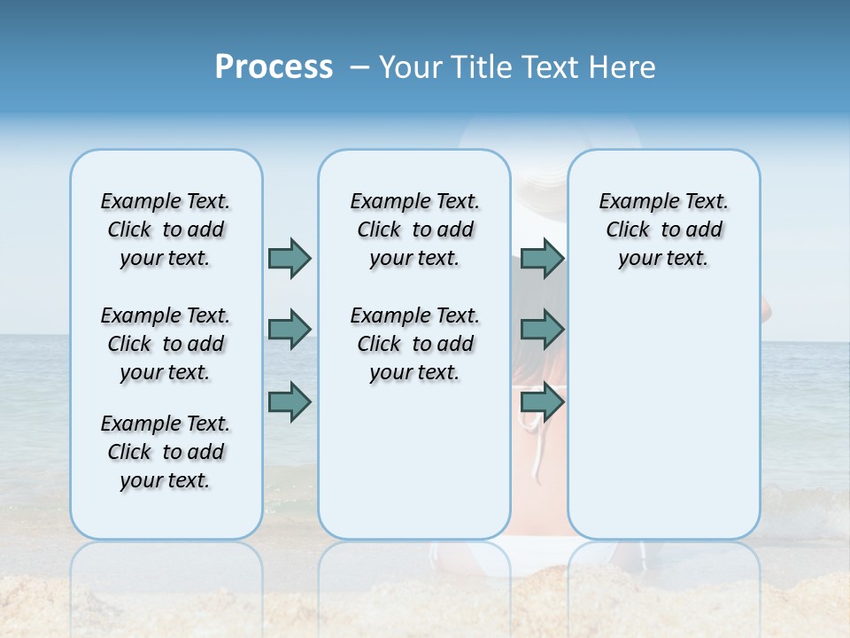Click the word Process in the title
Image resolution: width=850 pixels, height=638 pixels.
click(x=274, y=67)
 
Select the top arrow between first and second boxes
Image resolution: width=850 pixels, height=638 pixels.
click(x=290, y=258)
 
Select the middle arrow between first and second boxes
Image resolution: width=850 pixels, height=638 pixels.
click(x=290, y=330)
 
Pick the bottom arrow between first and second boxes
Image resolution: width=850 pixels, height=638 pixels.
click(x=290, y=401)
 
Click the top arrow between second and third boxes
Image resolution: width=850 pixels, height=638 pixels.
click(x=542, y=258)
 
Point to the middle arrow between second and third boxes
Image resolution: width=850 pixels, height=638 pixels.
click(x=542, y=330)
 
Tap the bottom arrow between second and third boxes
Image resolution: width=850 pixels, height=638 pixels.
click(x=542, y=401)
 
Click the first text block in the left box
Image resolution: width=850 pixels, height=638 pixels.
click(x=166, y=230)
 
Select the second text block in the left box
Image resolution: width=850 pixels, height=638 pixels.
click(x=166, y=344)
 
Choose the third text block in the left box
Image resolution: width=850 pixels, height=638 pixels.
click(x=166, y=452)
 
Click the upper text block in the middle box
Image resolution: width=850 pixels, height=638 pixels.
click(x=414, y=230)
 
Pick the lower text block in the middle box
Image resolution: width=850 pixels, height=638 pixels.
click(x=414, y=344)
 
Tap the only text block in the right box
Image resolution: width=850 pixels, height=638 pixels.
click(x=663, y=230)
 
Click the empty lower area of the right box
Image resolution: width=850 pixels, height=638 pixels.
click(x=663, y=425)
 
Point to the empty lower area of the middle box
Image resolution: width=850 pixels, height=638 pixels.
click(x=414, y=461)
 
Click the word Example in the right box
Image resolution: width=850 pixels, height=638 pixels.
click(x=631, y=202)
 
